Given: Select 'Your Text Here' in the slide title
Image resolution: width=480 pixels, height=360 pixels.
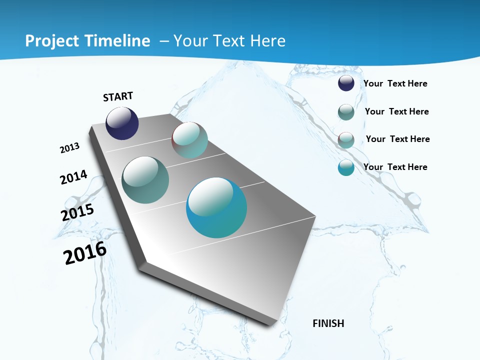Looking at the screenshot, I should [229, 41].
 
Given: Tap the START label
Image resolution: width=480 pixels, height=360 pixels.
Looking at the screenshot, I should [118, 96].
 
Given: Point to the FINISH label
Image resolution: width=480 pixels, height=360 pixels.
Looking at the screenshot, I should [328, 323].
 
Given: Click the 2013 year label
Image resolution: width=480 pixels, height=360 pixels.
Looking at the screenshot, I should [70, 148].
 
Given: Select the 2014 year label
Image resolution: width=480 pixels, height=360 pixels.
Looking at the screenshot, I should [74, 177].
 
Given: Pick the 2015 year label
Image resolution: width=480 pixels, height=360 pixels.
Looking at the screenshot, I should [77, 212].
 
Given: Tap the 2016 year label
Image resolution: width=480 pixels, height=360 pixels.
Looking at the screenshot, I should [85, 253].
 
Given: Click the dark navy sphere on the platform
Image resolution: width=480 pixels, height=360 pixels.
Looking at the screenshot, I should [122, 123].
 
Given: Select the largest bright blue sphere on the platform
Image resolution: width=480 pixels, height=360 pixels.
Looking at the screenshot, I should [216, 207].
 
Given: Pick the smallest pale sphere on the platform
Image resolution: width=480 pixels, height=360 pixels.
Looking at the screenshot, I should [189, 140].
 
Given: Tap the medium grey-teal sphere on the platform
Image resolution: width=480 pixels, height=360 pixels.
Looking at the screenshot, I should [145, 180].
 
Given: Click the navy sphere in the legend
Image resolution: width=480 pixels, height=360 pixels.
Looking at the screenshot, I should [346, 83].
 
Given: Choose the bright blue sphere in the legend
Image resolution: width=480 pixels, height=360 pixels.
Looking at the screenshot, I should [346, 167].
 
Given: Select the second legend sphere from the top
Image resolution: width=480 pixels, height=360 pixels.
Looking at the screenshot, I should [346, 112].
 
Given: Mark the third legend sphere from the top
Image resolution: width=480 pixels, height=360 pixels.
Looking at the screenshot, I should [346, 140].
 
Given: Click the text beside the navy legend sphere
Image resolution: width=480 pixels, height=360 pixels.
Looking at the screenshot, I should [395, 83].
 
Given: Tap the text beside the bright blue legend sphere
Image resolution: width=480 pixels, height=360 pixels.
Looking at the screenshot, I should [395, 167].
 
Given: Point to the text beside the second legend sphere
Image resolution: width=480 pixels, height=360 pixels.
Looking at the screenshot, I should [397, 111].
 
